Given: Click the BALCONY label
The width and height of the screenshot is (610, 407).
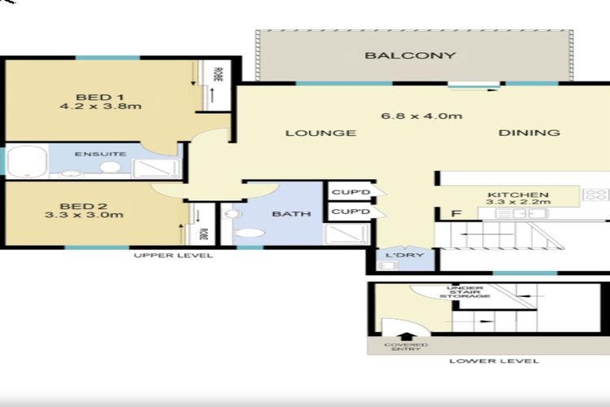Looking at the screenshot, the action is point(410,55).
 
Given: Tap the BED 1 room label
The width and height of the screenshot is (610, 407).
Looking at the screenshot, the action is point(99,97).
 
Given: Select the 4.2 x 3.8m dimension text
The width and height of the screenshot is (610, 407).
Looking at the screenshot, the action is point(100,107).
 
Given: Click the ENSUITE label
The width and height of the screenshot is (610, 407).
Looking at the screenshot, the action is point(100,154).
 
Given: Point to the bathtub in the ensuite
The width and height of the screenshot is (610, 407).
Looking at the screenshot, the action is point(27,162).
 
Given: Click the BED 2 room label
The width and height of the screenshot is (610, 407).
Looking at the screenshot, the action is point(84,206).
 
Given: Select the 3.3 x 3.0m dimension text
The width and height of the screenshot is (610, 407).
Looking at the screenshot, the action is point(85,215).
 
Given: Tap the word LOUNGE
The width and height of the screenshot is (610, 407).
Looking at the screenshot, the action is point(321,133).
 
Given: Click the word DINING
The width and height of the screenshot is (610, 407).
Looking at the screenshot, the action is point(529,133).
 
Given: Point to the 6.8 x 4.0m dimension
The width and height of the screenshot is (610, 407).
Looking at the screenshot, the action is point(421,116).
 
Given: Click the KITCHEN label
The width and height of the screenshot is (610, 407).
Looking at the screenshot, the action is point(518,195).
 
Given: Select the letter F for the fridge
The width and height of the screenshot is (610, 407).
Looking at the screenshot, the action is point(456,213).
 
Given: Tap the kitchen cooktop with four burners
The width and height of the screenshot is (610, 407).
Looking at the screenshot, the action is point(595,195).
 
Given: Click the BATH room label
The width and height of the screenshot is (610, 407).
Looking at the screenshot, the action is point(291,214).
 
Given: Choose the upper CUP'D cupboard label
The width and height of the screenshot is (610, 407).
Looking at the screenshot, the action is point(351,192).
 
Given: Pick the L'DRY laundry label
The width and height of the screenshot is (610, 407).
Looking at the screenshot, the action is point(404,255).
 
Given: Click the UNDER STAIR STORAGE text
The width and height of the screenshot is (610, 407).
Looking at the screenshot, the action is point(465,292).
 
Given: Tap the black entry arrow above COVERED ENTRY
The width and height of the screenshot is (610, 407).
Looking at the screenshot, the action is point(406,336).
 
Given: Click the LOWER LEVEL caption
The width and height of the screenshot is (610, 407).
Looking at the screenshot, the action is point(494,361).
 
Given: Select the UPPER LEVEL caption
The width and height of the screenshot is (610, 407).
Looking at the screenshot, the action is point(173,256).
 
